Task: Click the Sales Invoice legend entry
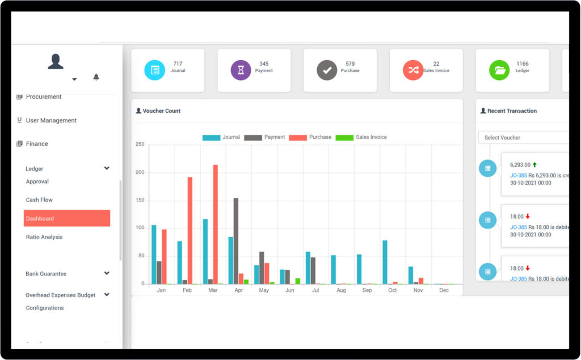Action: (x=361, y=137)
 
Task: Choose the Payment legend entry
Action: (x=264, y=137)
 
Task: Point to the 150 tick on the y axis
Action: (x=140, y=201)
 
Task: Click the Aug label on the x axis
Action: (x=341, y=290)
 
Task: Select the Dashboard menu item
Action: (x=67, y=218)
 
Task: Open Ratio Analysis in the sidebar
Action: (x=44, y=237)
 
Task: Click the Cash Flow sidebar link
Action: (x=39, y=200)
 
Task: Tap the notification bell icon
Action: (x=96, y=77)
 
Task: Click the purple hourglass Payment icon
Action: (x=241, y=70)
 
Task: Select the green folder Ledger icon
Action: (x=499, y=70)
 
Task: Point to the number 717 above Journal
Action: (x=178, y=64)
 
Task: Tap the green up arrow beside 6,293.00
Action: (x=534, y=165)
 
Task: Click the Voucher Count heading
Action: (x=161, y=111)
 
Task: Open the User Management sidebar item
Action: (x=51, y=121)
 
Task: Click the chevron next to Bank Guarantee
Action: (x=107, y=273)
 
